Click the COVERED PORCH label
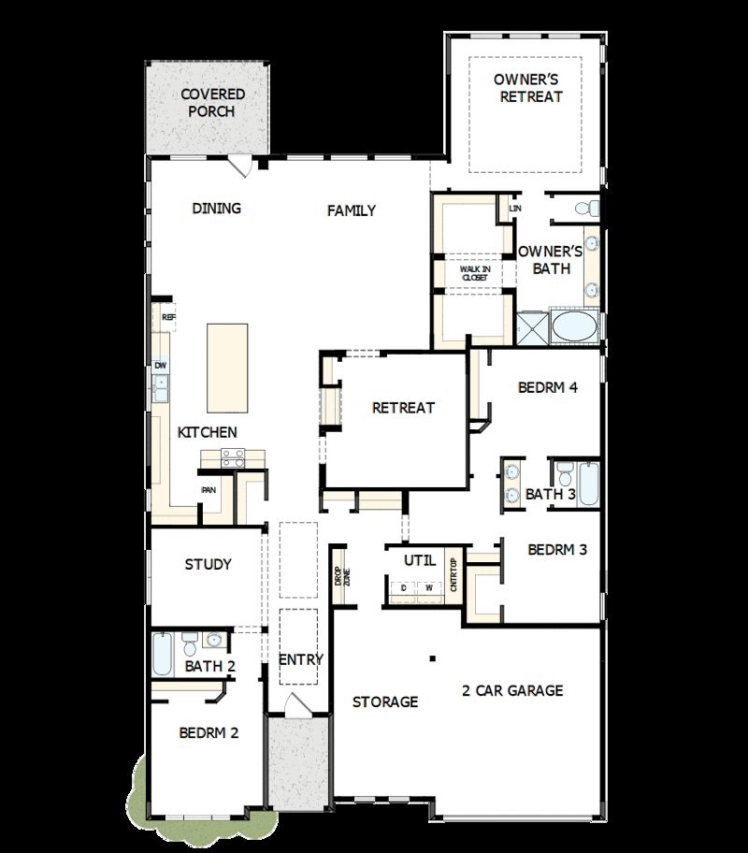coord(212,103)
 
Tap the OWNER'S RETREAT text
coord(530,88)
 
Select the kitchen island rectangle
coord(227,367)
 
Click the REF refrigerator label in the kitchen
coord(168,318)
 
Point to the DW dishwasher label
coord(161,365)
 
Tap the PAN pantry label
coord(209,489)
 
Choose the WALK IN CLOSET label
coord(475,273)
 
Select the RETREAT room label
coord(403,408)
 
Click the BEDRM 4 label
coord(547,387)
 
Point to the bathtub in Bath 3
coord(587,484)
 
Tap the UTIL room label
coord(420,560)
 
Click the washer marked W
coord(430,588)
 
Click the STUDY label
coord(208,564)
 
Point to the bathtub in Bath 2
coord(163,653)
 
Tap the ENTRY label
coord(301,659)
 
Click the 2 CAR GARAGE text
coord(512,691)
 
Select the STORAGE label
coord(384,701)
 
